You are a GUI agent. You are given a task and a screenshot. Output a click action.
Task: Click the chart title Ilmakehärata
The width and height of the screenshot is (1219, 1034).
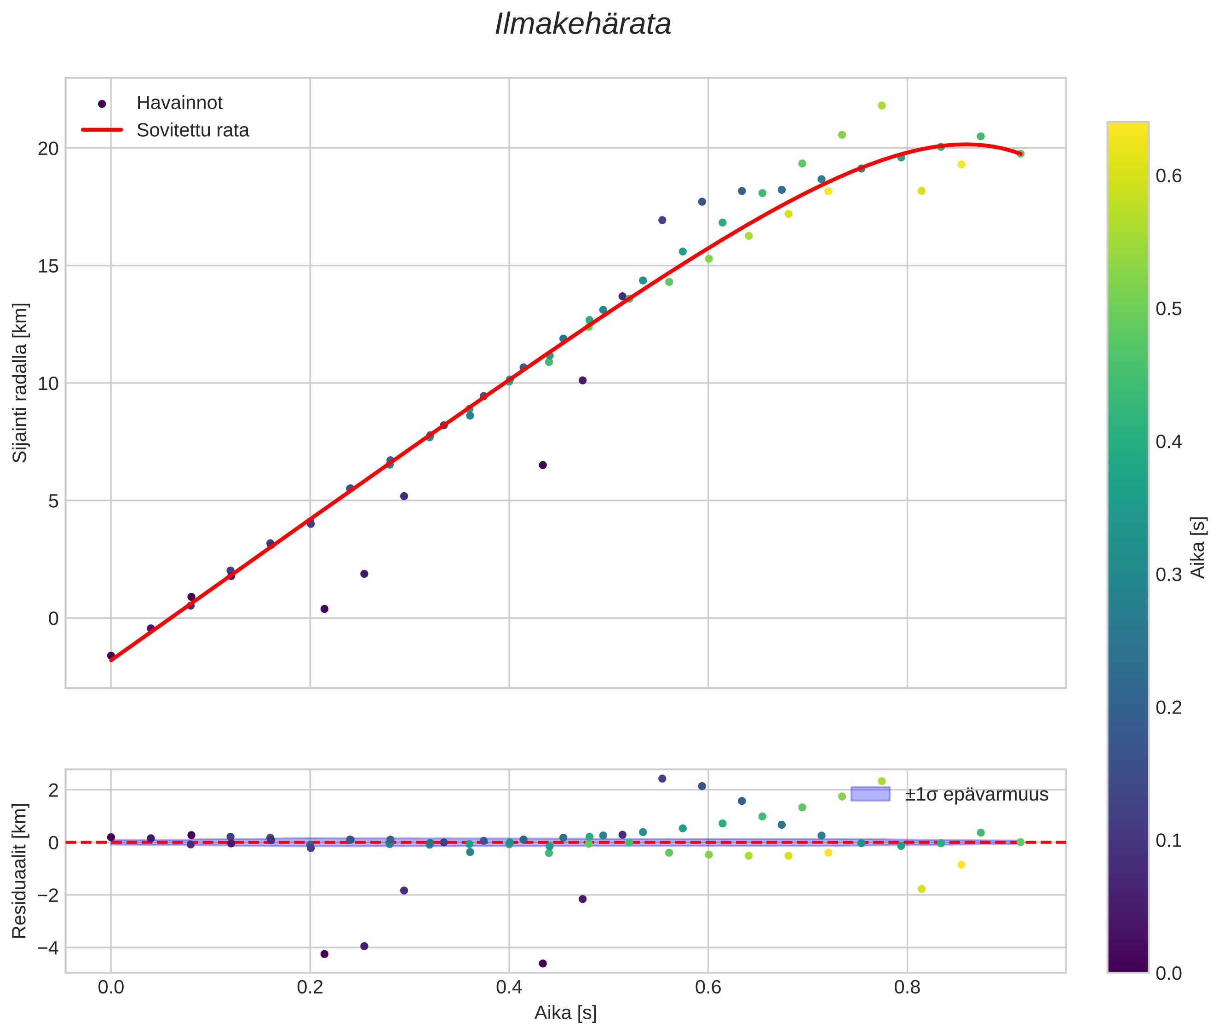point(582,24)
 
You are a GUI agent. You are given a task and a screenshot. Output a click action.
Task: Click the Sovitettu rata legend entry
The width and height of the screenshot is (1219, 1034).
point(193,130)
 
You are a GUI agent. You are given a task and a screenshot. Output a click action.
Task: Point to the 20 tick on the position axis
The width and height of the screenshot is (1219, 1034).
point(48,149)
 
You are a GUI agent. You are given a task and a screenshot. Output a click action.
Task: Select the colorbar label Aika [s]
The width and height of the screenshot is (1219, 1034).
point(1198,547)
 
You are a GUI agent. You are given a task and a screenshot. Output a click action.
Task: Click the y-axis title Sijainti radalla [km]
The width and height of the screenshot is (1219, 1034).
point(20,382)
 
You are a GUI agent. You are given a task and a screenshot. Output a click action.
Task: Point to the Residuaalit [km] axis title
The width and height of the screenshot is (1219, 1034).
point(20,871)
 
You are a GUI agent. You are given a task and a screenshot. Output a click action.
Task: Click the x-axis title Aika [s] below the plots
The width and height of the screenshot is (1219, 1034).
point(565,1013)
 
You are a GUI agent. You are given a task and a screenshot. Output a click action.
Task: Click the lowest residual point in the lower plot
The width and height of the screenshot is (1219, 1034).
point(542,964)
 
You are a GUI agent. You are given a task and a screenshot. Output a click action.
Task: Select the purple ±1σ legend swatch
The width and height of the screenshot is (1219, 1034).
point(870,794)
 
